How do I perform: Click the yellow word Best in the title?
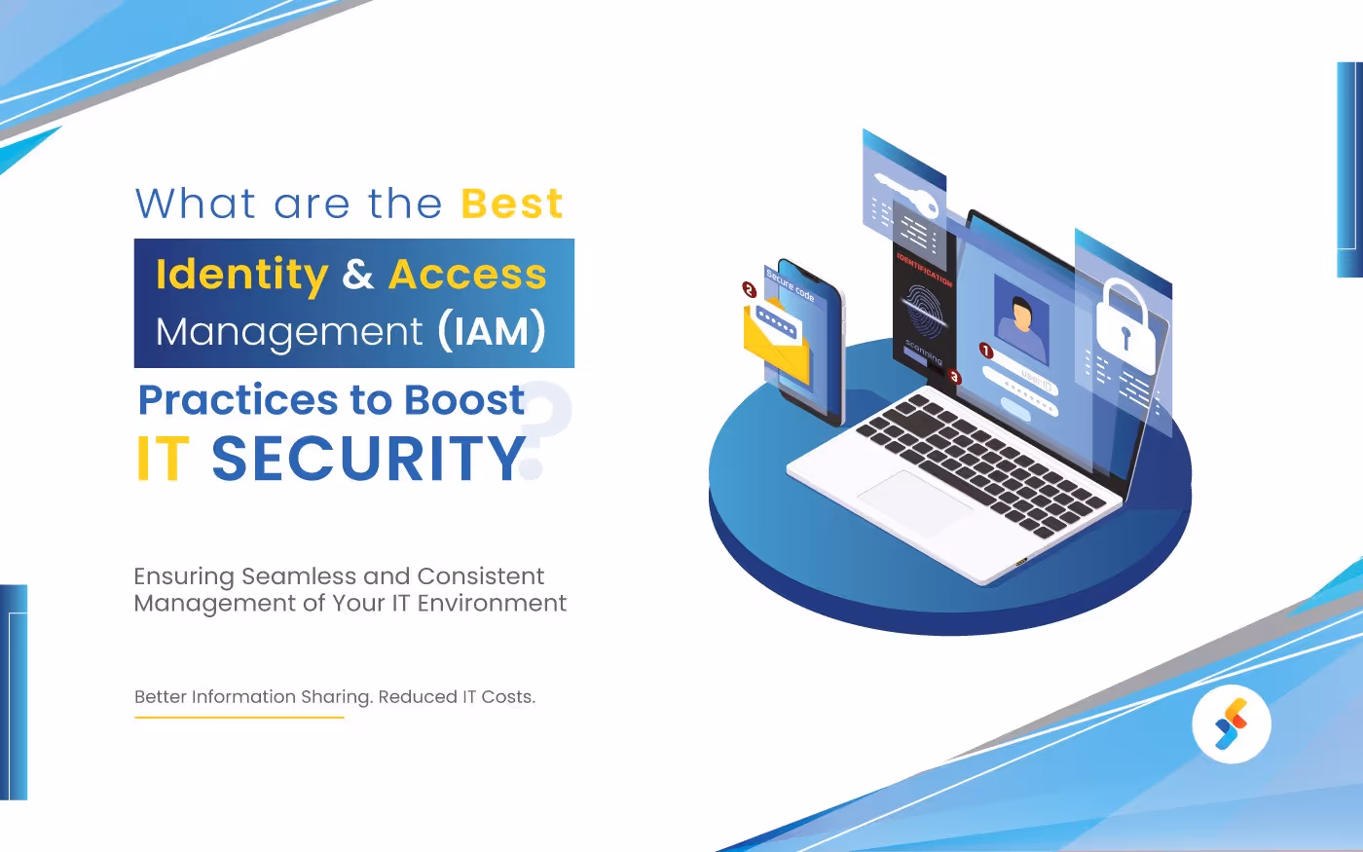click(512, 204)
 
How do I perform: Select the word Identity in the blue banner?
click(241, 275)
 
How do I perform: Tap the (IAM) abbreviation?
click(491, 331)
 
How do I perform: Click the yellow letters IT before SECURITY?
click(163, 459)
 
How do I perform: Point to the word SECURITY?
click(368, 459)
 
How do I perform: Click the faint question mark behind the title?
click(551, 428)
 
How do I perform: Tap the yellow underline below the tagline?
click(239, 718)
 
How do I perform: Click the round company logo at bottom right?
click(1231, 724)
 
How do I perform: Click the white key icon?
click(904, 194)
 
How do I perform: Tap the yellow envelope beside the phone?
click(775, 341)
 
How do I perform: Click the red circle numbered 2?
click(749, 289)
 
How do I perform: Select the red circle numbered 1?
click(985, 351)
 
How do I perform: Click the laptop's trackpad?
click(915, 500)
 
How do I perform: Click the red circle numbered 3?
click(954, 377)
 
